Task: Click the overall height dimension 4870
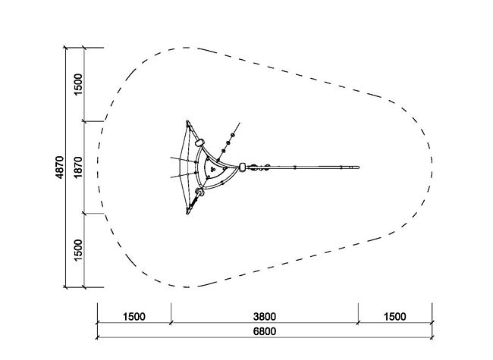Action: (x=59, y=167)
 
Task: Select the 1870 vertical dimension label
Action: (x=78, y=167)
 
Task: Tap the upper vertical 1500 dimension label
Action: (x=78, y=84)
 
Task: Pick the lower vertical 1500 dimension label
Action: (x=78, y=250)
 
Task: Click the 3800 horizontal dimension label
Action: (x=265, y=317)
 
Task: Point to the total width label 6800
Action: (x=265, y=331)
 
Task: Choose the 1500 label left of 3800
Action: (x=134, y=317)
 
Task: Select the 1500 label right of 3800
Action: (x=395, y=317)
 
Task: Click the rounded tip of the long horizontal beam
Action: (x=358, y=167)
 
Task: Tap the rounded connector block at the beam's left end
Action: (x=242, y=167)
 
